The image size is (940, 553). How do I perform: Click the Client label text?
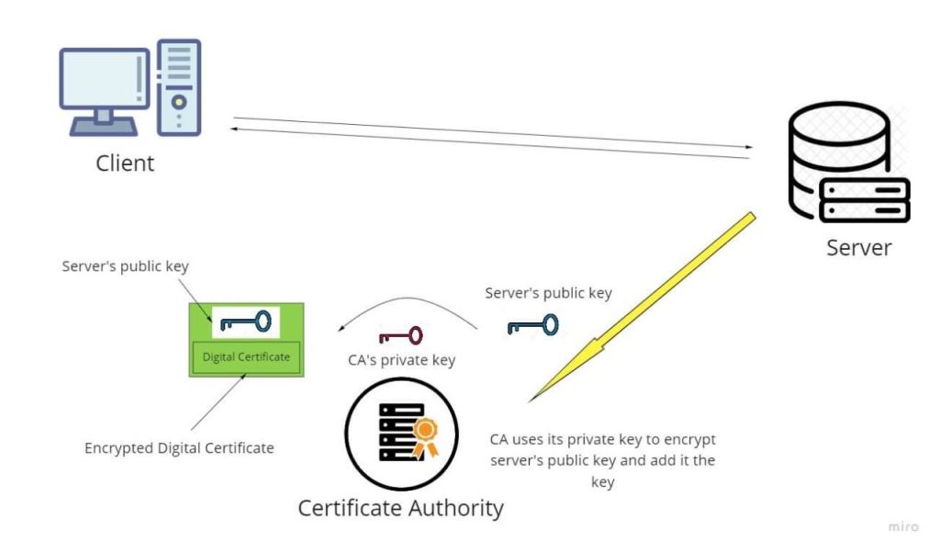(125, 164)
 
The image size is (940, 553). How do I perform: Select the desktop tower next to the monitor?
(179, 87)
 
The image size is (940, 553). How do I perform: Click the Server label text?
(858, 247)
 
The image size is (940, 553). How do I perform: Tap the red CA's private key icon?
(400, 336)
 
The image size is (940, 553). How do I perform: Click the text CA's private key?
(401, 360)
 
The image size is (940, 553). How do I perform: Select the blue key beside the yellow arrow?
(532, 325)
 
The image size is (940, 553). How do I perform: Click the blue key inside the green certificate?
(245, 322)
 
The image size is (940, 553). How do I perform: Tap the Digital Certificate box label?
(246, 356)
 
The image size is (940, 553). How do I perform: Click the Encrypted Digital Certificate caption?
(179, 448)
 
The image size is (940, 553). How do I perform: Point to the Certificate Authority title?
(401, 507)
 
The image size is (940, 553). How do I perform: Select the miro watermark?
(903, 526)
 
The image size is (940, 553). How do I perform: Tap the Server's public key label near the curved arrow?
(549, 294)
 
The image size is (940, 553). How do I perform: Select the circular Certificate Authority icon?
(401, 432)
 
